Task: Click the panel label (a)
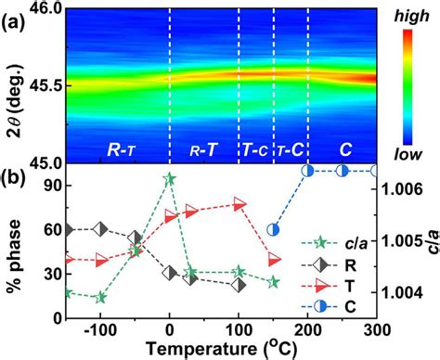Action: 16,19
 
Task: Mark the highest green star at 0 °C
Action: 169,179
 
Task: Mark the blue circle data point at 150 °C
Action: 273,229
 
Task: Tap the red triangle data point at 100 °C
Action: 239,203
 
